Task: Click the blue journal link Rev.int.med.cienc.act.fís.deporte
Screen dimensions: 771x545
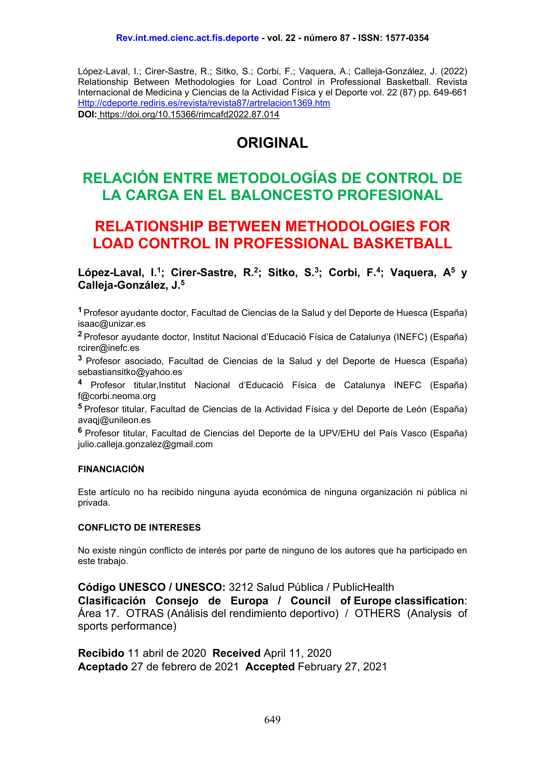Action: tap(187, 38)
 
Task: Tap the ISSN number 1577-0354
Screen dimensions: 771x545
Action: tap(407, 38)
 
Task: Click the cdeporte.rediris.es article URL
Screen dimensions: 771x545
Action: tap(204, 103)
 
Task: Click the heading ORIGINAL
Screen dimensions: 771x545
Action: tap(272, 143)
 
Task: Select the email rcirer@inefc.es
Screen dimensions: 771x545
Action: tap(108, 348)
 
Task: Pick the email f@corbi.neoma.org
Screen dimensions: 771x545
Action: tap(117, 396)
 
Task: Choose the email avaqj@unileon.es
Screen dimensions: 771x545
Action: tap(114, 420)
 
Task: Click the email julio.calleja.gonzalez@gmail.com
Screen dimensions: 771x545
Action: tap(145, 444)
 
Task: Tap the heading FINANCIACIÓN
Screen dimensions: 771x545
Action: tap(111, 469)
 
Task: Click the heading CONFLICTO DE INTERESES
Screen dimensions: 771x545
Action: tap(139, 528)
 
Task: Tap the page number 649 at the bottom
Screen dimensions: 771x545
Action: tap(272, 720)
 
